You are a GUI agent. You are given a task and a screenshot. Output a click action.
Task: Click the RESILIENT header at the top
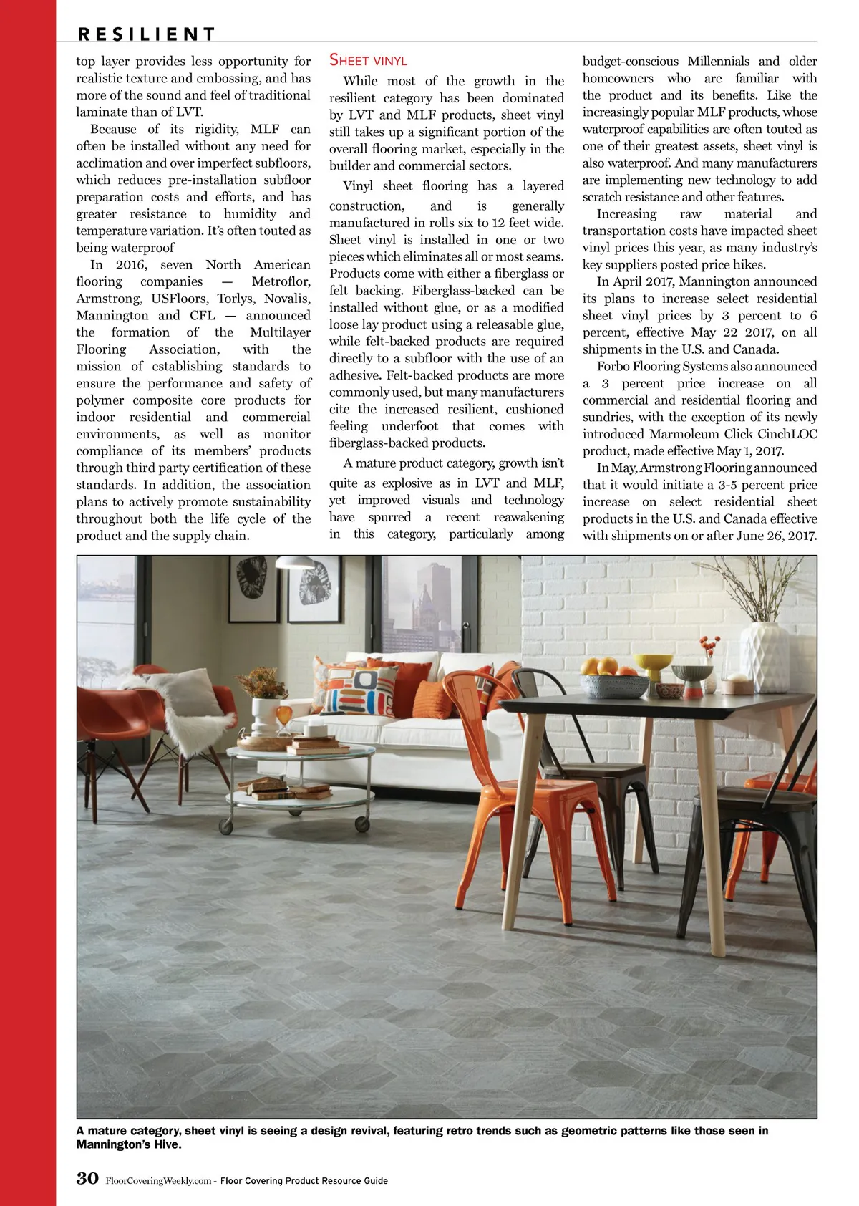click(x=146, y=34)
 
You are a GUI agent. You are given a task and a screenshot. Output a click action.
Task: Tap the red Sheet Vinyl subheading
click(x=368, y=61)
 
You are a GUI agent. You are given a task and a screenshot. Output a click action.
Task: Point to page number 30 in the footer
click(x=87, y=1178)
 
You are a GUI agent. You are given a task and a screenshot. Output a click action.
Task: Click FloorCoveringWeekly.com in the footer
click(x=157, y=1180)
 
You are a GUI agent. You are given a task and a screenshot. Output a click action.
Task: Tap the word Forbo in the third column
click(x=613, y=367)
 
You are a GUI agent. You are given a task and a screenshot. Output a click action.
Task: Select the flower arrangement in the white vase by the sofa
click(x=263, y=684)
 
